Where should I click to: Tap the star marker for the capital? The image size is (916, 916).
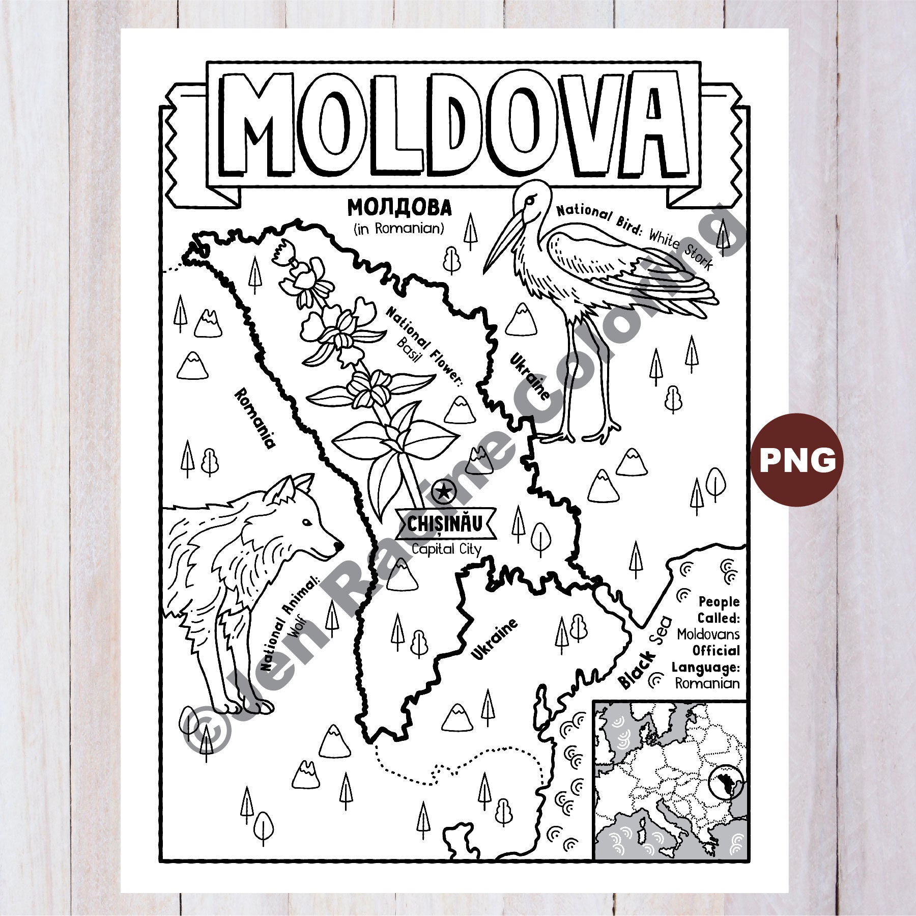click(x=444, y=492)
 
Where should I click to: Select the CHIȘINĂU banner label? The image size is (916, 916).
click(x=444, y=523)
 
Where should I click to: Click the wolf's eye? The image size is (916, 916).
click(x=306, y=522)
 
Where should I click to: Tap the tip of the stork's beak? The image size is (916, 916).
click(x=485, y=271)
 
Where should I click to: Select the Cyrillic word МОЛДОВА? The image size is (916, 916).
click(x=399, y=208)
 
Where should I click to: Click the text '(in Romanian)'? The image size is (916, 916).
click(x=399, y=229)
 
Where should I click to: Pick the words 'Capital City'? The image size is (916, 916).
click(x=446, y=549)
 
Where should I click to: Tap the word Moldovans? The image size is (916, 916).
click(x=708, y=634)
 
